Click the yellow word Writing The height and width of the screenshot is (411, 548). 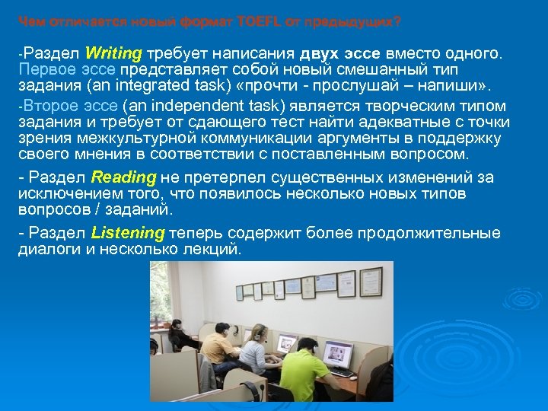pyautogui.click(x=114, y=53)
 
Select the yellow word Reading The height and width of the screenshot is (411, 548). pyautogui.click(x=123, y=177)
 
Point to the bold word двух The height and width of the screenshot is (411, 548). pyautogui.click(x=324, y=53)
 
